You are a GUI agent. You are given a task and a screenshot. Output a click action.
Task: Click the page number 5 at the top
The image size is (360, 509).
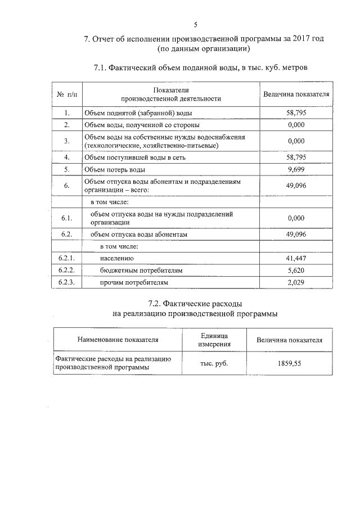[x=195, y=25]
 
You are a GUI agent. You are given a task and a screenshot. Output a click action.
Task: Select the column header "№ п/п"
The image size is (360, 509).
[x=66, y=94]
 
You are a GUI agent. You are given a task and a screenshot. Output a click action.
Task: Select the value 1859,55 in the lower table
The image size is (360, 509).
[x=289, y=363]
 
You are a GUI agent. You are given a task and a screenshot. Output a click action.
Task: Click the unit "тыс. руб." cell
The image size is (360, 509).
[x=214, y=363]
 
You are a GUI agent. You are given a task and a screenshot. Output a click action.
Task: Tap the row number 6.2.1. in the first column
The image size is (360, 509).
[x=66, y=258]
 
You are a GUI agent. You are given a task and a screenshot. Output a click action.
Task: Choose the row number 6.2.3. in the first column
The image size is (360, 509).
[x=66, y=282]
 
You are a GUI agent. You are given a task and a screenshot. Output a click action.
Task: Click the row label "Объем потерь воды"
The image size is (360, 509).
[x=115, y=169]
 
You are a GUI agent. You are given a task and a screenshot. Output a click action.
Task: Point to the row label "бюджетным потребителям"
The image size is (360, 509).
[x=141, y=271]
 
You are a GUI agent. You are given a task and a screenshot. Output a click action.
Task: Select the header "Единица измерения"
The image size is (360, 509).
[x=214, y=339]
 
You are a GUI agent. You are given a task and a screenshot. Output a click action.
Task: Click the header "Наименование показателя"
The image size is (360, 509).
[x=118, y=340]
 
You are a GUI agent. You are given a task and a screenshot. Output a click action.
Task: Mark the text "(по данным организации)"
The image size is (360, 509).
[x=195, y=49]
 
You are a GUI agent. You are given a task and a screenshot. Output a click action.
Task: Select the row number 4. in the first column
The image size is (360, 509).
[x=66, y=157]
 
